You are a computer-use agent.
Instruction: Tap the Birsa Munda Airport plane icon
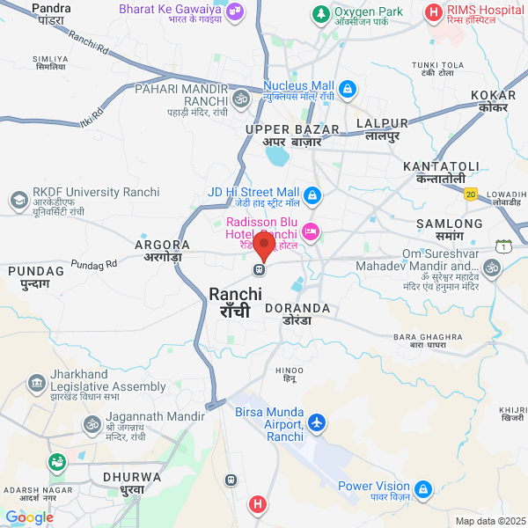317,423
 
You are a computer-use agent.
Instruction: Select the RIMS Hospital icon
433,12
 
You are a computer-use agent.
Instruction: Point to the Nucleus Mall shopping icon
348,89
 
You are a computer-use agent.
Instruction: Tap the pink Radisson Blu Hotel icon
310,231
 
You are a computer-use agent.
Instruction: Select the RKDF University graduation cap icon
18,201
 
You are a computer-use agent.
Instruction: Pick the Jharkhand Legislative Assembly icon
37,384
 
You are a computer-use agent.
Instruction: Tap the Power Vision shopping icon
423,488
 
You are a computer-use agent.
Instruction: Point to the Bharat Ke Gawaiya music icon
236,11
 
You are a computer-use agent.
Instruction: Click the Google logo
30,517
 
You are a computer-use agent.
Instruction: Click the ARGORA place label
162,244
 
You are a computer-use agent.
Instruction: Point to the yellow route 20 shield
471,194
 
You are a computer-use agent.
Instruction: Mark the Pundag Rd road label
94,264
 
